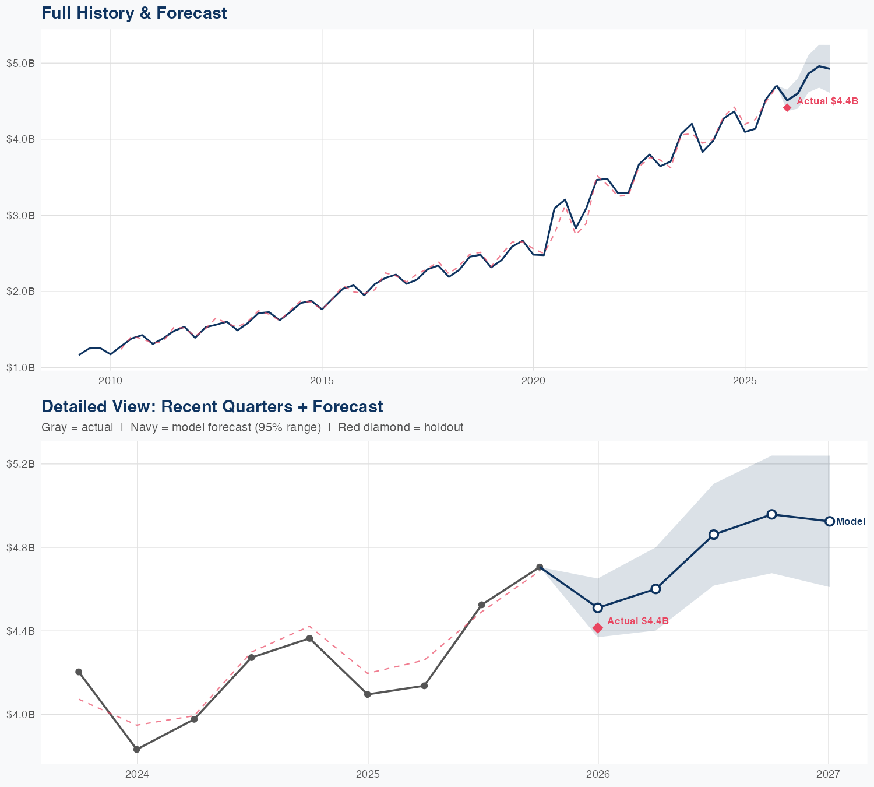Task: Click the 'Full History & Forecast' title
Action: (134, 13)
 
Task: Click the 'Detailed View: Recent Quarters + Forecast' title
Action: (212, 406)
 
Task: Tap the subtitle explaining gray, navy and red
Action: (252, 427)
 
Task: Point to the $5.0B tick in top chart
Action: (20, 63)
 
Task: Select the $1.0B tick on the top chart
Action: (20, 368)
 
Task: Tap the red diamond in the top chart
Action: (787, 107)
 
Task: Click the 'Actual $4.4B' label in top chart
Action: (827, 101)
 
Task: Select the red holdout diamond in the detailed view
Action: (598, 627)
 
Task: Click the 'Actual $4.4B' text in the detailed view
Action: (637, 621)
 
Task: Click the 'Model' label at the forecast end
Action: (851, 522)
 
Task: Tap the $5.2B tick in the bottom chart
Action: (20, 464)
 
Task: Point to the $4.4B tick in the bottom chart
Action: (20, 631)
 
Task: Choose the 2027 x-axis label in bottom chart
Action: (828, 774)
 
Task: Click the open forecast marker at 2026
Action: (598, 607)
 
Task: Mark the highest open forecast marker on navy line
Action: (771, 514)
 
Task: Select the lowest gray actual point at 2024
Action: (137, 749)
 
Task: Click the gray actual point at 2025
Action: (368, 694)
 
